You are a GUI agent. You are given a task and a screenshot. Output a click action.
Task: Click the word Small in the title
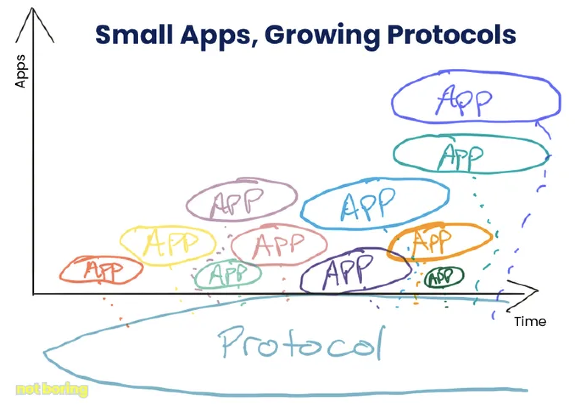134,35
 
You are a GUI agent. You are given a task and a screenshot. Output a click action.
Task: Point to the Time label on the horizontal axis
530,321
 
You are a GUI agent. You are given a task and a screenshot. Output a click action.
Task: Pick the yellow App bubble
120,241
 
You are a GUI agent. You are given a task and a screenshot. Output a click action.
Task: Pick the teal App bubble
394,154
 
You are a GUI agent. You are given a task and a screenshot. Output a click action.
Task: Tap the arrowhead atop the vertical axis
32,8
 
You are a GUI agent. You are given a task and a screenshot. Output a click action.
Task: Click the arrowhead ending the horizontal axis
538,291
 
